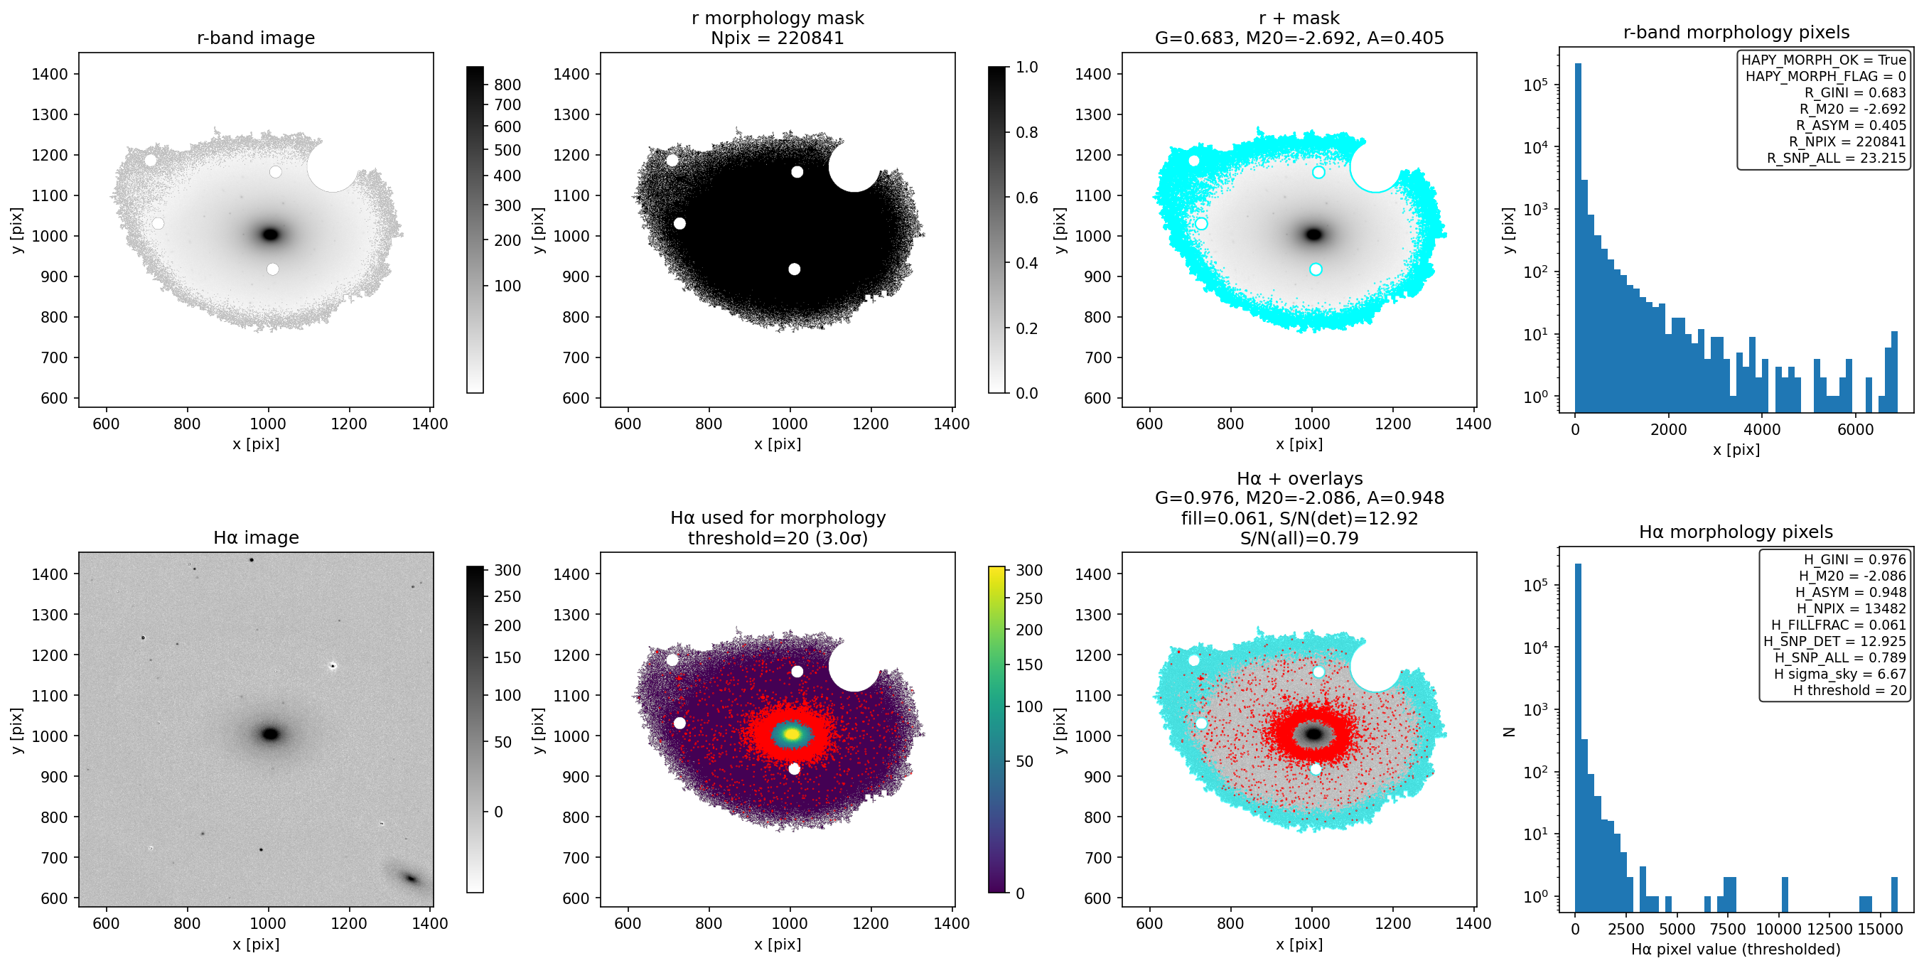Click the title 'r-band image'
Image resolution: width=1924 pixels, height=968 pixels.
pos(255,38)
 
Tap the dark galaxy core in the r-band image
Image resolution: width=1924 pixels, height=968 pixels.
pos(270,235)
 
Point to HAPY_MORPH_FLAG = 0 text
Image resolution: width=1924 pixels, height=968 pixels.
pos(1825,76)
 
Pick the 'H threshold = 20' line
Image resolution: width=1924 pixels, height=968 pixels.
pos(1849,691)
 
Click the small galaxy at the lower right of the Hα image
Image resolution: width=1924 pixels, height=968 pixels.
pos(409,878)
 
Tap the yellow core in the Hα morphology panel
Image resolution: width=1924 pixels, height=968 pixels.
pos(792,734)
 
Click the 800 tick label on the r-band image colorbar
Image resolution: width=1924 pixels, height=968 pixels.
pos(507,85)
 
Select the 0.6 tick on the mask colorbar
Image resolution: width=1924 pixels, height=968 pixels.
pos(1027,198)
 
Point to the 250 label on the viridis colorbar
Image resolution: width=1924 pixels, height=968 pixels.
pos(1029,599)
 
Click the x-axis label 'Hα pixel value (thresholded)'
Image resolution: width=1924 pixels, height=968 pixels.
pos(1735,950)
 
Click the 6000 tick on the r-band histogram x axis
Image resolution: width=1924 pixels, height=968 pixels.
pos(1855,429)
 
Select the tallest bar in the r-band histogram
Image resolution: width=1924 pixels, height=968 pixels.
pos(1578,237)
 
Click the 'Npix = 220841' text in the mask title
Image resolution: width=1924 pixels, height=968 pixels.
pos(778,38)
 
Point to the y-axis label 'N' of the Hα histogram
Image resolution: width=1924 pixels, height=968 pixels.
pos(1509,732)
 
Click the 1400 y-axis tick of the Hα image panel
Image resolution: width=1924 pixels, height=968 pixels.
pos(49,574)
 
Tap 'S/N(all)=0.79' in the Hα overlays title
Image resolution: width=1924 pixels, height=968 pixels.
pos(1299,539)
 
